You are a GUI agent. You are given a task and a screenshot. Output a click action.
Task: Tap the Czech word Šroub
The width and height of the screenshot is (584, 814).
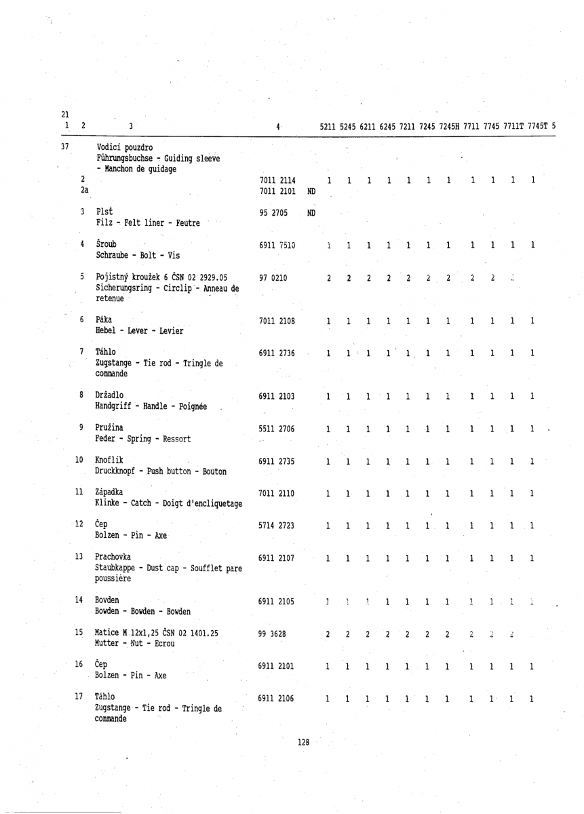tap(106, 244)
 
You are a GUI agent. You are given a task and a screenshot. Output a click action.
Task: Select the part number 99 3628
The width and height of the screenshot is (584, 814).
tap(273, 638)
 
